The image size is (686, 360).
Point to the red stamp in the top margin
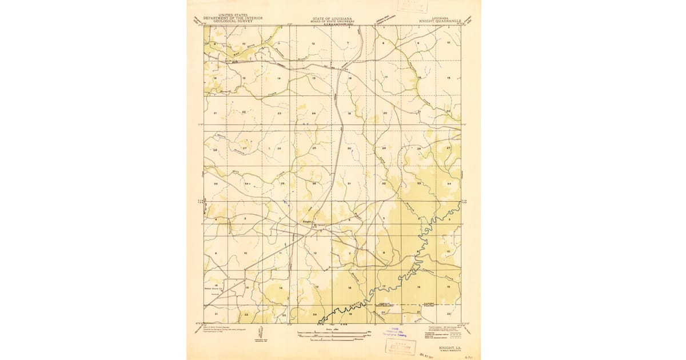click(x=414, y=6)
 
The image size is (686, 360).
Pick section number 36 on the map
click(x=314, y=183)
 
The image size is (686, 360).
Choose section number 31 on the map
click(x=349, y=183)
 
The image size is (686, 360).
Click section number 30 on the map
click(x=349, y=149)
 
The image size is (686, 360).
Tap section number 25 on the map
click(x=314, y=149)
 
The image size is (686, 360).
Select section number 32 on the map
click(x=384, y=183)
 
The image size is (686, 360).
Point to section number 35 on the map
click(x=282, y=183)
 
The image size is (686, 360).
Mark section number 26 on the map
click(x=279, y=149)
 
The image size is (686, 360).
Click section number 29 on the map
click(x=384, y=149)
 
